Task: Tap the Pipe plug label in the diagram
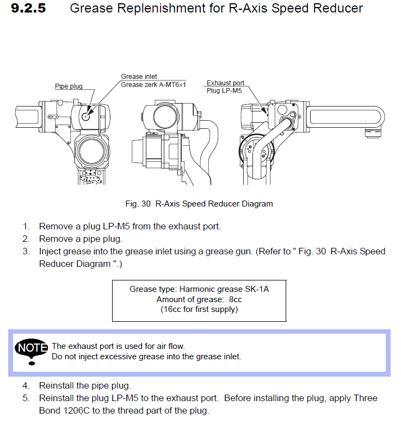(68, 86)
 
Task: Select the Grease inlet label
(139, 77)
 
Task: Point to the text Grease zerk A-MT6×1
(153, 85)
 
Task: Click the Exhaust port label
(225, 83)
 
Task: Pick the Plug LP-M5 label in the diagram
(223, 90)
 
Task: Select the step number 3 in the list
(26, 252)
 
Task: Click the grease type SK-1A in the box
(256, 289)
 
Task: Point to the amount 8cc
(235, 299)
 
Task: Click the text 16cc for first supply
(199, 310)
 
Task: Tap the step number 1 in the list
(26, 226)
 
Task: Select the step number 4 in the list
(26, 385)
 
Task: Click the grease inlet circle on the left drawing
(86, 116)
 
